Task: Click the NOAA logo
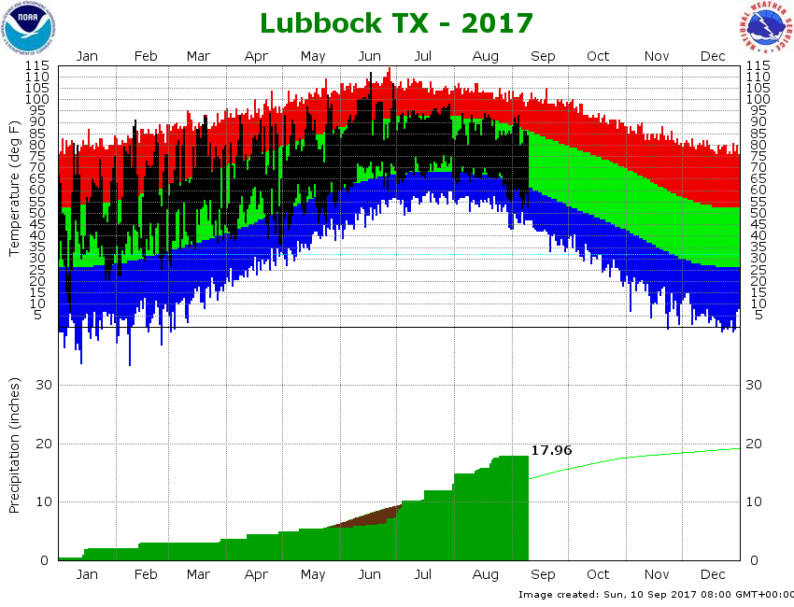coord(28,28)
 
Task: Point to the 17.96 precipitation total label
coord(551,450)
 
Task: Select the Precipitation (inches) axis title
coord(15,446)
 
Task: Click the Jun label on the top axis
coord(370,56)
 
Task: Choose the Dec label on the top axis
coord(713,56)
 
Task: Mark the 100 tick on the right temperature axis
coord(757,99)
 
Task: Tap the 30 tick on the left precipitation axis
coord(42,385)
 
